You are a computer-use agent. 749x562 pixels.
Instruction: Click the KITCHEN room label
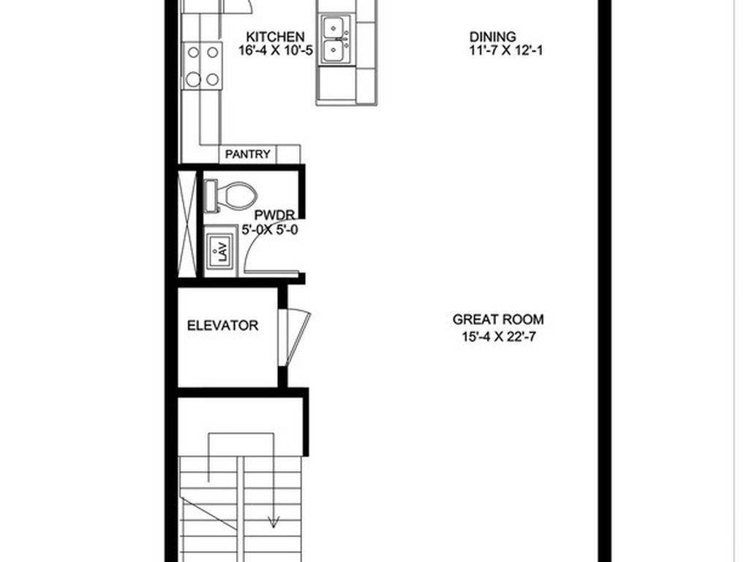(x=275, y=37)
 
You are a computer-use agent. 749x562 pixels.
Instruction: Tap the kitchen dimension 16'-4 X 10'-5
(x=275, y=50)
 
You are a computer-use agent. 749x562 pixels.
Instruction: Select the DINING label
(x=492, y=37)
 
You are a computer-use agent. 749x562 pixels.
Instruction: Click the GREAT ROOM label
(x=498, y=319)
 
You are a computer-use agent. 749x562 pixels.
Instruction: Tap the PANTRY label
(x=248, y=154)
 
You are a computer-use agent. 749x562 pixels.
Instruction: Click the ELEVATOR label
(x=222, y=326)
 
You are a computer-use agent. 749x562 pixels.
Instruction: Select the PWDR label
(x=274, y=215)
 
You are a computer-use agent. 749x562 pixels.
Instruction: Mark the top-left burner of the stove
(x=195, y=52)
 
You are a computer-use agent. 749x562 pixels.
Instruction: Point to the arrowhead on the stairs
(x=274, y=521)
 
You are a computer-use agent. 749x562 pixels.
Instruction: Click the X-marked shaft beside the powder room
(x=188, y=222)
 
